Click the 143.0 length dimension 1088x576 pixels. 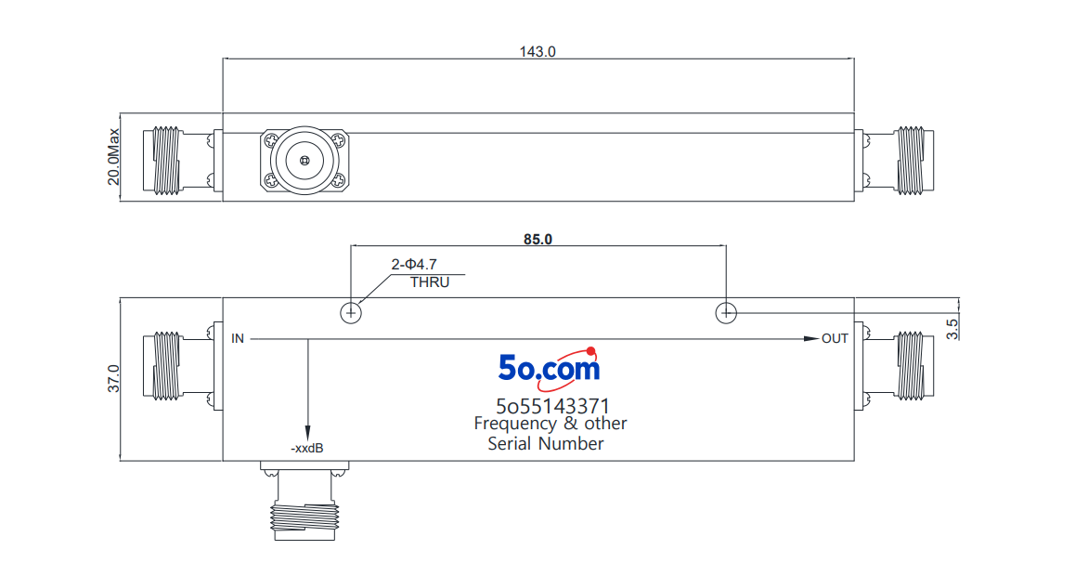pyautogui.click(x=538, y=51)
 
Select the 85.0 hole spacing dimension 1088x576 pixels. pyautogui.click(x=538, y=239)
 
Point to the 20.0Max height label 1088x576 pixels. pyautogui.click(x=113, y=157)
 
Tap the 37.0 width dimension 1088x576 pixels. pyautogui.click(x=113, y=379)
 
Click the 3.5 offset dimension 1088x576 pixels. pyautogui.click(x=952, y=329)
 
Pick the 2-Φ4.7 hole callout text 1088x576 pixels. pyautogui.click(x=414, y=264)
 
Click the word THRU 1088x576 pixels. pyautogui.click(x=430, y=282)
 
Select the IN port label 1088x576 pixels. pyautogui.click(x=238, y=338)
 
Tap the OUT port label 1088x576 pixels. pyautogui.click(x=835, y=338)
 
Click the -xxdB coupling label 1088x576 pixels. pyautogui.click(x=307, y=448)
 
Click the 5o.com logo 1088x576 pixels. pyautogui.click(x=549, y=368)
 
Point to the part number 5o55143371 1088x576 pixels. pyautogui.click(x=552, y=406)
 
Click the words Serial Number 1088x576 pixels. pyautogui.click(x=545, y=443)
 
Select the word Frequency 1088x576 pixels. pyautogui.click(x=515, y=424)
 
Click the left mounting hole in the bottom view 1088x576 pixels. pyautogui.click(x=351, y=313)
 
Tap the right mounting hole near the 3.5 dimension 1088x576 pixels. pyautogui.click(x=726, y=313)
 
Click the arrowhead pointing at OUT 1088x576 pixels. pyautogui.click(x=811, y=338)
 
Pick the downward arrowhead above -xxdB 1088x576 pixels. pyautogui.click(x=307, y=432)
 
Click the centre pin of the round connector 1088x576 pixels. pyautogui.click(x=304, y=162)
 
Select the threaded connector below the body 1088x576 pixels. pyautogui.click(x=305, y=501)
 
